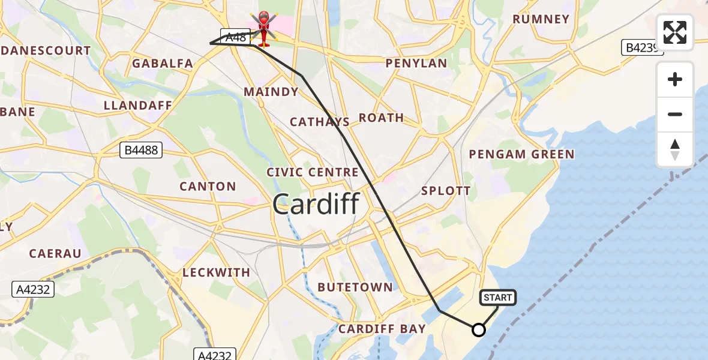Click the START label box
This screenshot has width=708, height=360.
pos(497,298)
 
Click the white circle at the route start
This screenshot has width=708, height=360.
pos(479,330)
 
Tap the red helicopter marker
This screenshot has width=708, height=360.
pos(264,29)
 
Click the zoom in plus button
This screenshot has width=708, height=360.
pos(675,79)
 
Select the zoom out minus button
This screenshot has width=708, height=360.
pos(675,114)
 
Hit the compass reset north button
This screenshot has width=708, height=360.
pos(675,149)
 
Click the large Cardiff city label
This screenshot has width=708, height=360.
pos(316,205)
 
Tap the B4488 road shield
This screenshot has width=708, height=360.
pos(142,150)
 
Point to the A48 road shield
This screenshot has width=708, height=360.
pos(235,37)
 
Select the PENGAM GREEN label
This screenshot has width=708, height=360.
pos(521,154)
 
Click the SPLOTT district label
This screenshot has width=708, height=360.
pos(446,191)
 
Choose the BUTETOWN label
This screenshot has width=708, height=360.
pos(355,287)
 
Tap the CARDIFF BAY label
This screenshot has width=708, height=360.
pos(382,329)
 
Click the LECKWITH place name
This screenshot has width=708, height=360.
pos(216,272)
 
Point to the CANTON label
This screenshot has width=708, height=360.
pos(208,186)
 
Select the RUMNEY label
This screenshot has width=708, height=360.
pos(541,19)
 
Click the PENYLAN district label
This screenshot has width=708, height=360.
pos(416,63)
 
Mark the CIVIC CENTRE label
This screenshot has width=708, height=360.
pos(313,172)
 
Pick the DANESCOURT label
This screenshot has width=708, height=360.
pos(46,50)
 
